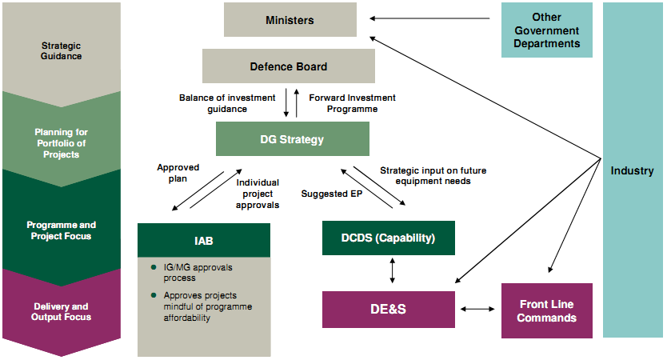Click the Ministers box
click(290, 20)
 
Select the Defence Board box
click(288, 66)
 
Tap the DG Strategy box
click(292, 139)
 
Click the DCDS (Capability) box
click(389, 238)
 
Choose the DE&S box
click(389, 310)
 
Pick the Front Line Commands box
click(546, 310)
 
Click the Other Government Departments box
click(546, 30)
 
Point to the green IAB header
click(203, 240)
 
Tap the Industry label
click(632, 170)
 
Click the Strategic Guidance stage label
click(62, 50)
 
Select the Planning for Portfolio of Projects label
click(62, 143)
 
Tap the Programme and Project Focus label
click(62, 230)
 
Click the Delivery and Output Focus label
click(62, 311)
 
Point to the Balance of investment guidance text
click(213, 103)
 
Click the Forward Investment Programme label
click(352, 103)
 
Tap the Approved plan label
click(178, 173)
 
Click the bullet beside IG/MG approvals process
click(152, 267)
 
